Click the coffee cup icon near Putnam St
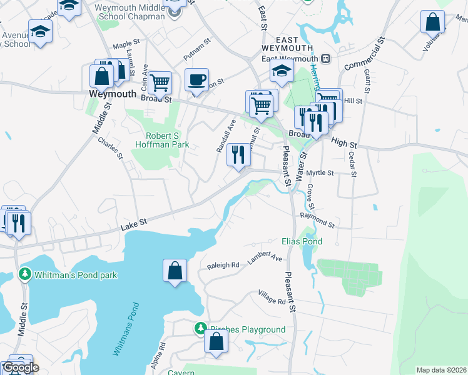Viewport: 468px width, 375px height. [196, 80]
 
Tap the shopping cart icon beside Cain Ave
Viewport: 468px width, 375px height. [160, 81]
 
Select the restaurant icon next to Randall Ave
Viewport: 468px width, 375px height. [238, 154]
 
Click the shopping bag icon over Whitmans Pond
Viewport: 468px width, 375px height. [175, 271]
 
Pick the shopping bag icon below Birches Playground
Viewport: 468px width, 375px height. [216, 342]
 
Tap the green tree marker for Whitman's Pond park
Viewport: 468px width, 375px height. [24, 274]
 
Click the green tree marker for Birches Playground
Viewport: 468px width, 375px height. [200, 328]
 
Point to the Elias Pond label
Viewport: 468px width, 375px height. [302, 241]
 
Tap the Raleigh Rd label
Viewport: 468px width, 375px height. [224, 265]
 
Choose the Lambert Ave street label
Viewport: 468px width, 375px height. [265, 257]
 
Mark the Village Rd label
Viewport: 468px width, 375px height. [273, 297]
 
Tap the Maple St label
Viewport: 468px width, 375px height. [125, 46]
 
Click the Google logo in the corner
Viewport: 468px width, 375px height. [20, 367]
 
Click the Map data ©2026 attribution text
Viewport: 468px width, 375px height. [440, 370]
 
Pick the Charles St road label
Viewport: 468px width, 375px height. [110, 147]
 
